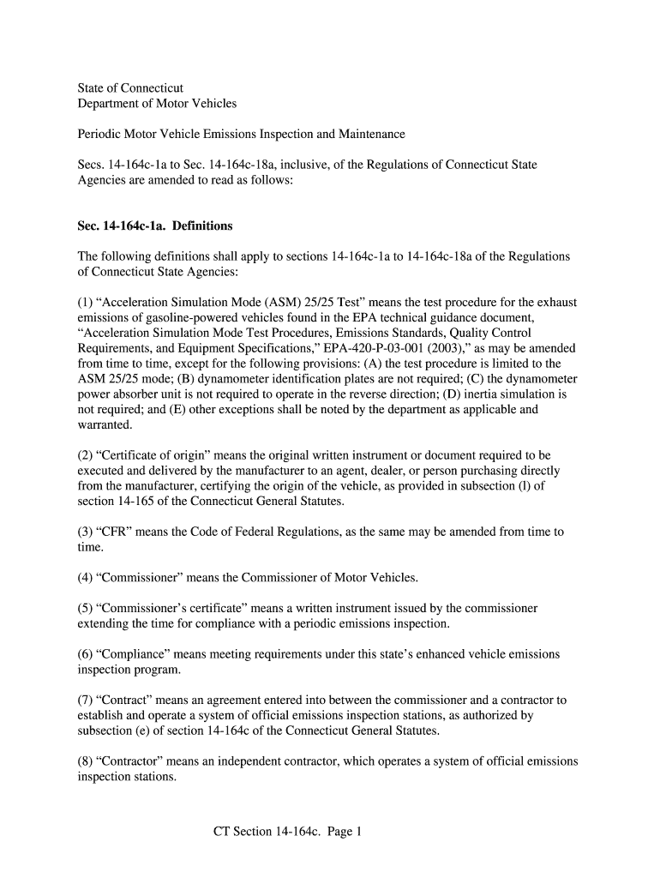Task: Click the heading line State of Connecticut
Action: coord(130,88)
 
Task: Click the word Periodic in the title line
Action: coord(100,135)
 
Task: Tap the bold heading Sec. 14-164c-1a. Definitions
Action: coord(155,226)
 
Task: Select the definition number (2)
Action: coord(86,455)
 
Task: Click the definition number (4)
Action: coord(86,577)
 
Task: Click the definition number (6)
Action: coord(86,654)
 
